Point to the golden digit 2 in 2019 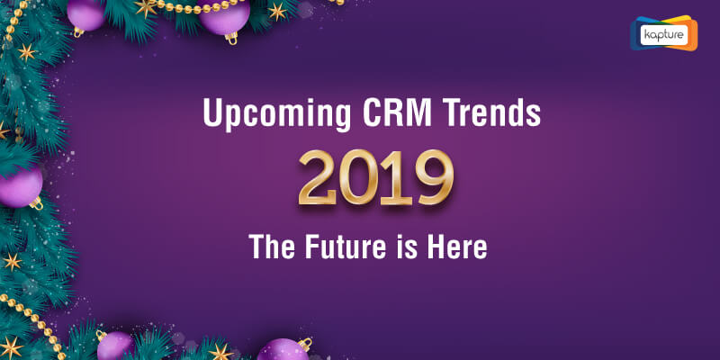point(318,177)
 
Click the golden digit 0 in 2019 point(359,177)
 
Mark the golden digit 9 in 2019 point(434,177)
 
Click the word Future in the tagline point(346,246)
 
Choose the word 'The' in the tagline point(273,246)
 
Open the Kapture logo point(663,33)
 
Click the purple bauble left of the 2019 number point(21,187)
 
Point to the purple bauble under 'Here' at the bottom point(283,350)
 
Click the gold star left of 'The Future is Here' point(13,262)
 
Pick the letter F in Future point(312,246)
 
